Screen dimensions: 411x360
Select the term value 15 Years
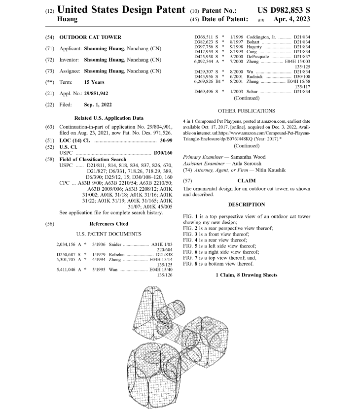94,82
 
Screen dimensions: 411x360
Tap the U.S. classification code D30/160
163,153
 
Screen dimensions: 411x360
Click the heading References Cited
108,224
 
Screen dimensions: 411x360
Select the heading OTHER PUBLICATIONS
247,111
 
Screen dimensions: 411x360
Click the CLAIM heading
247,181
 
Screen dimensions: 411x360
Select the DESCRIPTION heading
247,204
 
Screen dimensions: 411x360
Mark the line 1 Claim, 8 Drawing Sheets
247,274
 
